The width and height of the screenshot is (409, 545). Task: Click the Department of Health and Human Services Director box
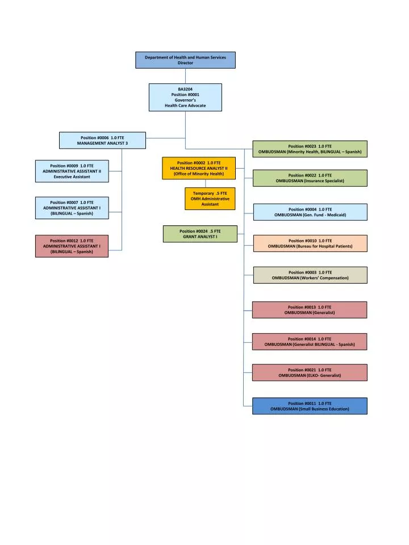click(x=185, y=60)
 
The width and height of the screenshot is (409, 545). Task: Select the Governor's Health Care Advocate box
click(x=185, y=97)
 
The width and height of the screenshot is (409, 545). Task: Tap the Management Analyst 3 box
click(x=102, y=140)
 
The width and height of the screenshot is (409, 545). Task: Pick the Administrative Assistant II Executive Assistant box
click(x=72, y=171)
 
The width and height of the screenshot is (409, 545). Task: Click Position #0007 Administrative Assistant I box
click(x=72, y=207)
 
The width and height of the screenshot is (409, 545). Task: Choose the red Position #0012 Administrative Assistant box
click(x=72, y=246)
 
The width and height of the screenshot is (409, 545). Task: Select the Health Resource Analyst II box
click(x=199, y=168)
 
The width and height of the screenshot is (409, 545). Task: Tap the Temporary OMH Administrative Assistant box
click(x=210, y=199)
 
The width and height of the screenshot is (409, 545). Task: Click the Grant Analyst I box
click(x=200, y=234)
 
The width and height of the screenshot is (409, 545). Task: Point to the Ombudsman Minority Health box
click(x=310, y=149)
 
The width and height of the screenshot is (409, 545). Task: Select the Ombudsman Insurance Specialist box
click(x=310, y=178)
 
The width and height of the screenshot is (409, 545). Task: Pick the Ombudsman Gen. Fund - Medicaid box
click(x=310, y=212)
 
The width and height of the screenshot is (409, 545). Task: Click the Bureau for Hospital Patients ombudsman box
click(x=310, y=243)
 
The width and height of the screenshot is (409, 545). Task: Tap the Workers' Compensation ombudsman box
click(x=310, y=275)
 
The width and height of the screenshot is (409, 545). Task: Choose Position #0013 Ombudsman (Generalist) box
click(x=310, y=309)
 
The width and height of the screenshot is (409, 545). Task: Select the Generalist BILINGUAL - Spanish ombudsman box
click(x=310, y=341)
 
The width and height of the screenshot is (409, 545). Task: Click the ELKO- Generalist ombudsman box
click(x=310, y=372)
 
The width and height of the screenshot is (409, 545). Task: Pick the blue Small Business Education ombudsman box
click(x=310, y=406)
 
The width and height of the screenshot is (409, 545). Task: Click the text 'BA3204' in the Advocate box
click(x=185, y=89)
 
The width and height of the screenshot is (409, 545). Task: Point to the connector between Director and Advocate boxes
click(x=185, y=76)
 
